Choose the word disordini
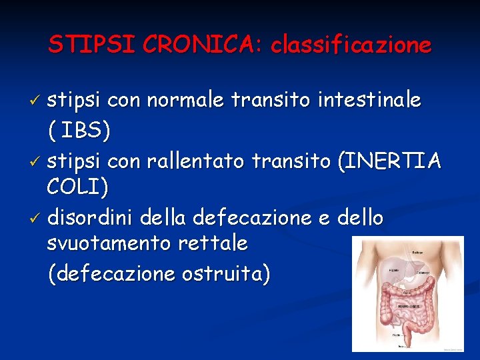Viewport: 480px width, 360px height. pyautogui.click(x=93, y=217)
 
